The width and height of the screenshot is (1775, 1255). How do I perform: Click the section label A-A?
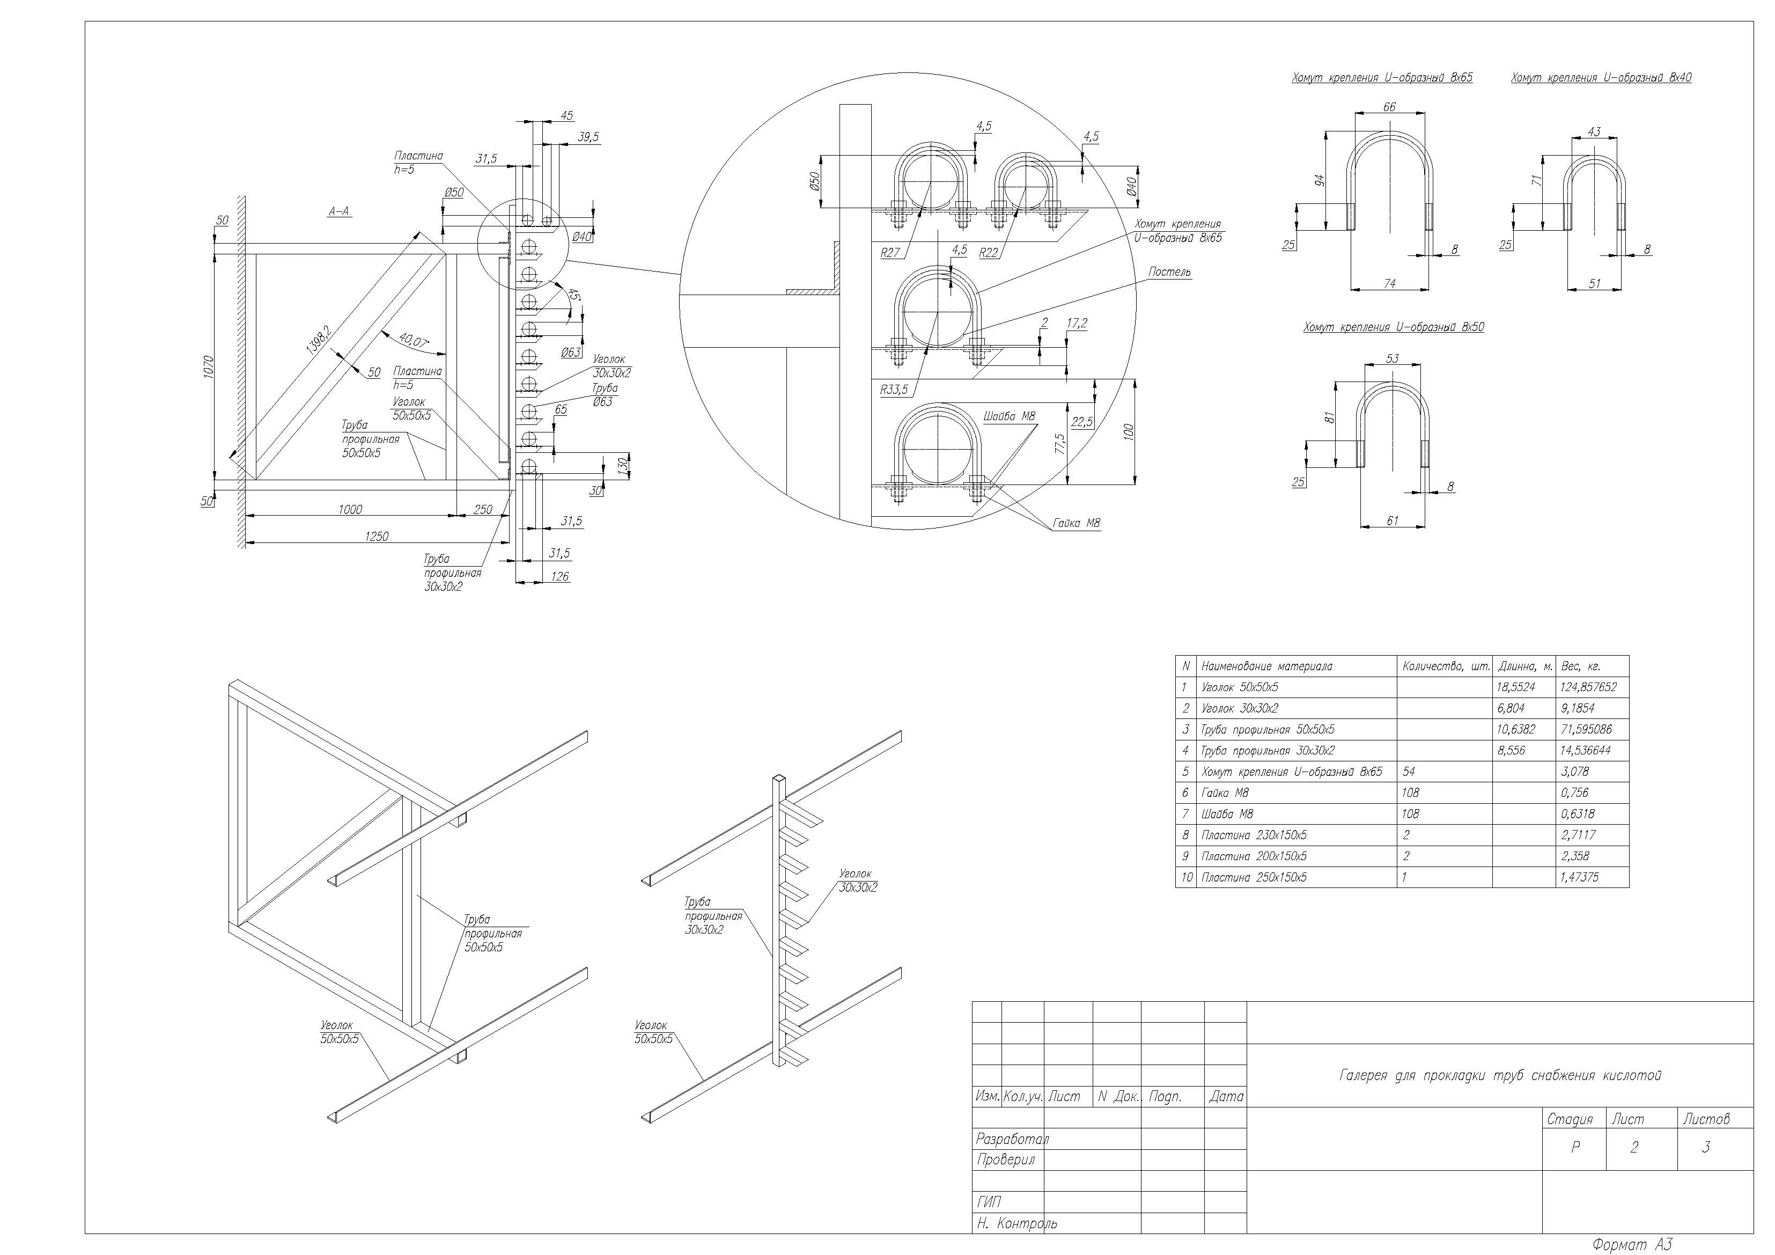point(340,211)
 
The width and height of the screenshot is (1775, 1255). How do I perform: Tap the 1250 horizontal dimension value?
point(377,536)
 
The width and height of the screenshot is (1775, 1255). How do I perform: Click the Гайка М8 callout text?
point(1076,524)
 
